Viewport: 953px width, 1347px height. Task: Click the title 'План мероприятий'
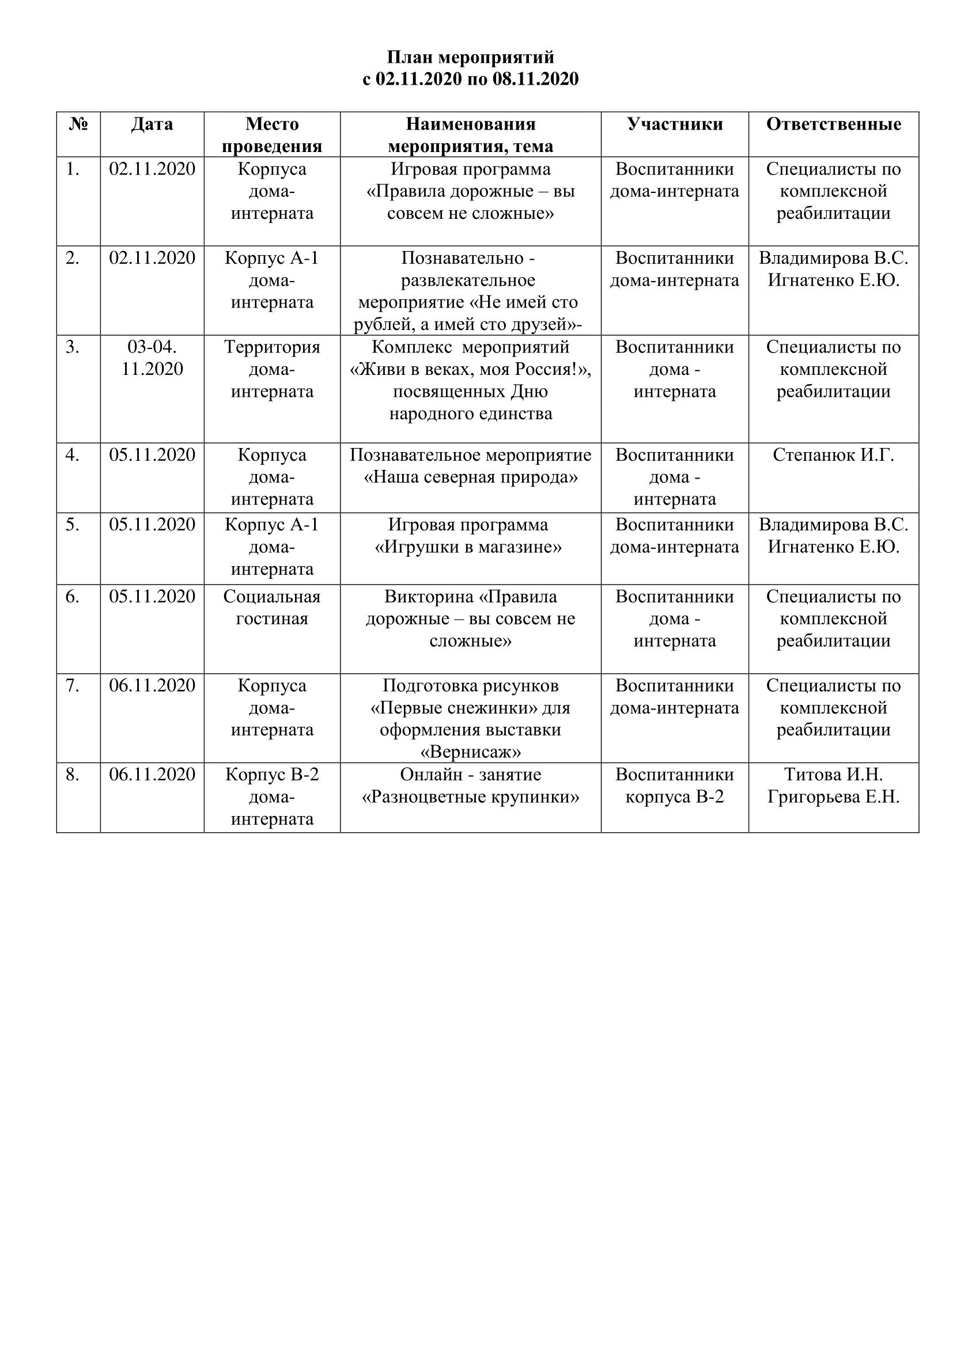tap(470, 58)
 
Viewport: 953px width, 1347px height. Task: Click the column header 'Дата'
tap(152, 124)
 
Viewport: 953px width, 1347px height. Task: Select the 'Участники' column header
tap(675, 124)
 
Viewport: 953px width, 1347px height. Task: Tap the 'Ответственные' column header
tap(833, 124)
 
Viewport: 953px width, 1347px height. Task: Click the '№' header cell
tap(78, 124)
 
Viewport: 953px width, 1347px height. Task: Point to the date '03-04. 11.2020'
tap(152, 358)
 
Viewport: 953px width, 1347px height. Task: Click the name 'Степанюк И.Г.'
tap(833, 455)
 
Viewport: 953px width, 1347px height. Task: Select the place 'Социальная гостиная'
tap(272, 608)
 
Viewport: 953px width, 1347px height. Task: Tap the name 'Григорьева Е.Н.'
tap(833, 797)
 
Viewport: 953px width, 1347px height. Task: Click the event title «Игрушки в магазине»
tap(468, 547)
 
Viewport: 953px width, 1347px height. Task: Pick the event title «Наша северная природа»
tap(471, 477)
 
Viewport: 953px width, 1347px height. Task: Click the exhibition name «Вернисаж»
tap(471, 752)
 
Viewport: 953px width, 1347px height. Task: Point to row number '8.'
tap(72, 775)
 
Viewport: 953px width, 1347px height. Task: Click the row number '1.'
tap(72, 169)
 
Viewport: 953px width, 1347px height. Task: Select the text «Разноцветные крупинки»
tap(471, 797)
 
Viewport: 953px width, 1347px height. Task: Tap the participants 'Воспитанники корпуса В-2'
tap(675, 786)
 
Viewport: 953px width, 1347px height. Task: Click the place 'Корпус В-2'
tap(272, 775)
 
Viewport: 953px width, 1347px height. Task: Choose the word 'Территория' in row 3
tap(272, 347)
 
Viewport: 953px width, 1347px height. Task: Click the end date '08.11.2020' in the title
tap(535, 79)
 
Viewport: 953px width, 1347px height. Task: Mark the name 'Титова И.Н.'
tap(833, 775)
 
